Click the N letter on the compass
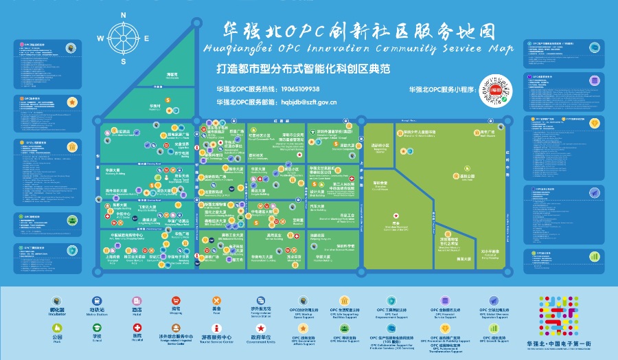coord(124,14)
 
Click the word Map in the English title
coord(502,49)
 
